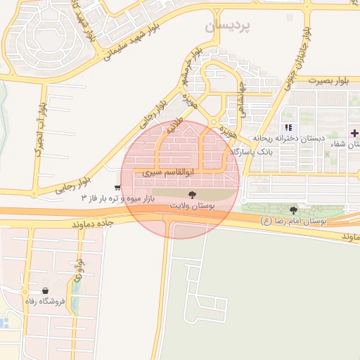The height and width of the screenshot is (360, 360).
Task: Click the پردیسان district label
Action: [x=227, y=26]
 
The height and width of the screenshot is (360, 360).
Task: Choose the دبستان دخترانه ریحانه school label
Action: [x=304, y=139]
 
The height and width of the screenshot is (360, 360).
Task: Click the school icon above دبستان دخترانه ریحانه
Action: [x=288, y=128]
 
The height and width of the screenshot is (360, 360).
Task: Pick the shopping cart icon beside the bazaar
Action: [x=116, y=188]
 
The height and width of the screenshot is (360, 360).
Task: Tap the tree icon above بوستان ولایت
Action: [x=192, y=193]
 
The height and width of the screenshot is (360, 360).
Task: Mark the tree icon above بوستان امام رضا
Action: [x=293, y=210]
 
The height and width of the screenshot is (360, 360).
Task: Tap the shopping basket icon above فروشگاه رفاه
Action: [x=46, y=290]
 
